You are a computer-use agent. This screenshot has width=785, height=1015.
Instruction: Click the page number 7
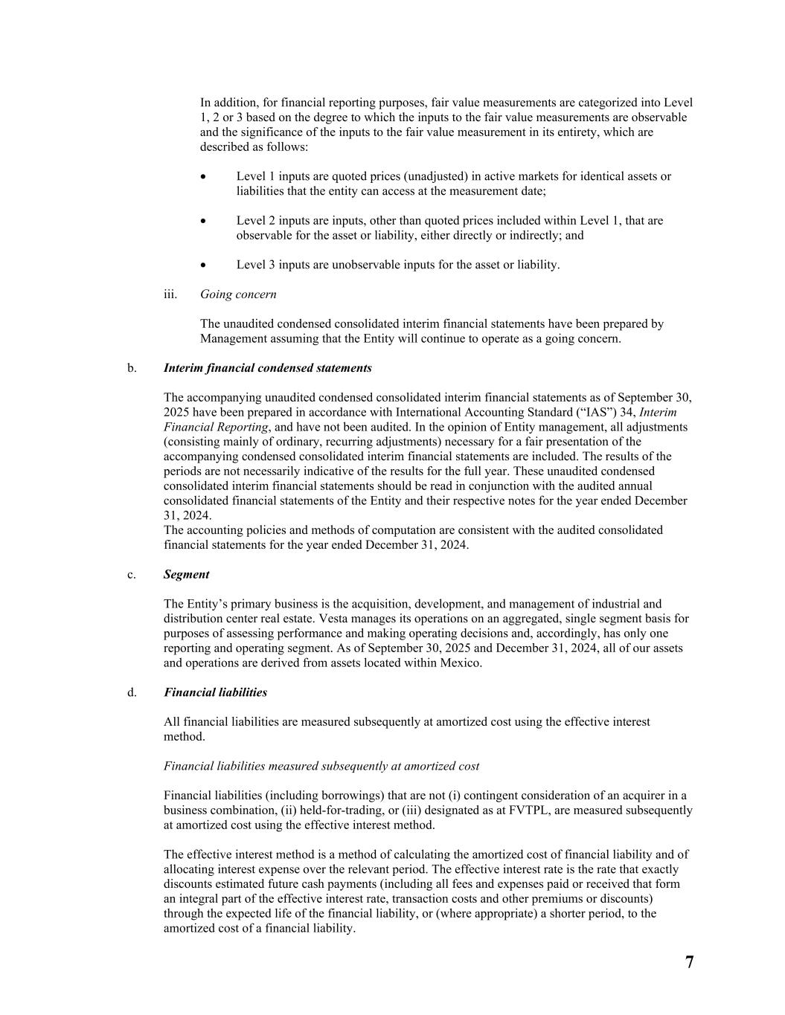(x=689, y=962)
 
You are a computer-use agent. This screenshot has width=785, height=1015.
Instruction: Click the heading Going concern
(x=238, y=294)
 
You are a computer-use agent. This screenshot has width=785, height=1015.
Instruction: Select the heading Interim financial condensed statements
(x=267, y=368)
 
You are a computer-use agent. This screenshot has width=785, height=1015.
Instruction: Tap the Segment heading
(x=186, y=574)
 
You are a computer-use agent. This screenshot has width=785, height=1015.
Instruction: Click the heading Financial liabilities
(x=215, y=692)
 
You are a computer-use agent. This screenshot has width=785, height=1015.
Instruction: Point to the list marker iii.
(x=170, y=294)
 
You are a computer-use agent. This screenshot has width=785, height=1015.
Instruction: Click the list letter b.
(x=132, y=368)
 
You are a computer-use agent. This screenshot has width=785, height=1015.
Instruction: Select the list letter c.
(x=132, y=574)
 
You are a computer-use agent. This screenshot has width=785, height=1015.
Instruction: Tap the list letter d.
(x=132, y=692)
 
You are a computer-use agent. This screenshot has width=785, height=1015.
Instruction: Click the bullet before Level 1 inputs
(x=204, y=177)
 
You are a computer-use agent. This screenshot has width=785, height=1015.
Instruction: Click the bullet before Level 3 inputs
(x=204, y=265)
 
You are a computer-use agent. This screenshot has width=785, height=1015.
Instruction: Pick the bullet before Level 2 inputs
(x=204, y=221)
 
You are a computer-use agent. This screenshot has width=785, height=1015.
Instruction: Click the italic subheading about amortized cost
(x=321, y=766)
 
